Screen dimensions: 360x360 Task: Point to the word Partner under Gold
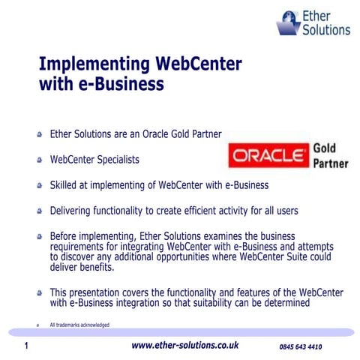pos(330,163)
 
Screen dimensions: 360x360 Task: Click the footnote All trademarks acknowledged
pos(79,325)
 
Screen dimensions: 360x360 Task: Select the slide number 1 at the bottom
pos(26,346)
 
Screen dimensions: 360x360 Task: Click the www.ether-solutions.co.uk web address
pos(184,346)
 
